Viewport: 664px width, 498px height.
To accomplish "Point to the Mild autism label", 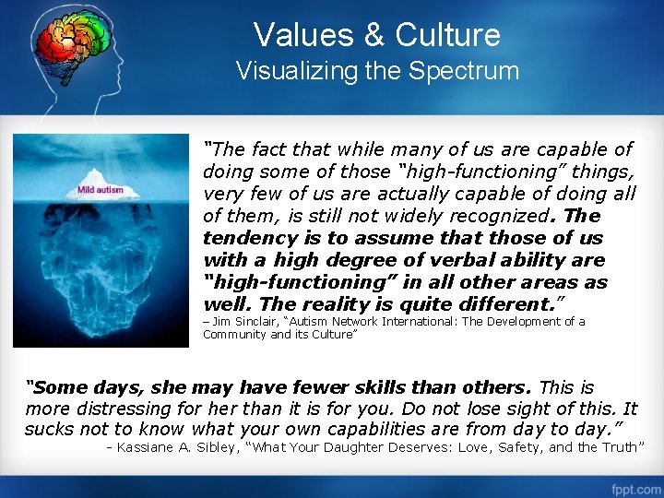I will (100, 190).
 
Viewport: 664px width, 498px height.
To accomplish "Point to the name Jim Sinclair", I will (243, 322).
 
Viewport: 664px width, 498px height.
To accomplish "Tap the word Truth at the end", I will (619, 448).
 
